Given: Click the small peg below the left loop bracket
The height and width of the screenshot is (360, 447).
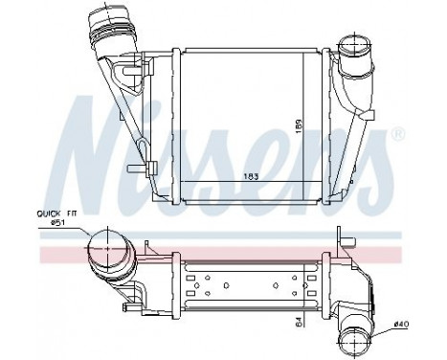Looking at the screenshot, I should pos(151,169).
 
